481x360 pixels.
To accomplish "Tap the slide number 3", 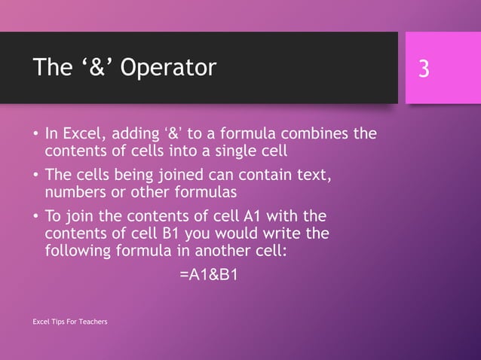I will [424, 69].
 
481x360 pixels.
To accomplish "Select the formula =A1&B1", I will [209, 275].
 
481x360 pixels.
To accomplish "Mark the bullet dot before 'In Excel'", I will [35, 136].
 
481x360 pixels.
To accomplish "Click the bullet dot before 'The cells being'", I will [35, 175].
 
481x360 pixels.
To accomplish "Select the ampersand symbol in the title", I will [83, 68].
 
